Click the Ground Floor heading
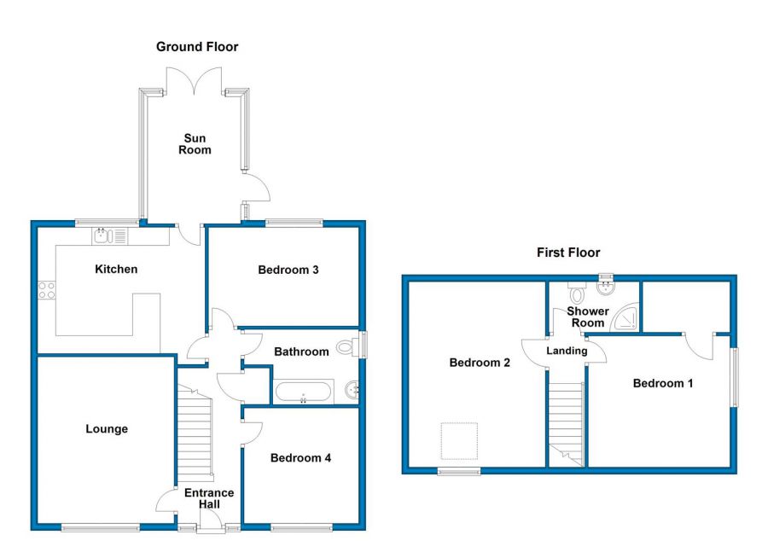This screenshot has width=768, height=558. [x=197, y=47]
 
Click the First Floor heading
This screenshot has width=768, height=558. [x=567, y=253]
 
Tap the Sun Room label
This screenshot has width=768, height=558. [x=195, y=144]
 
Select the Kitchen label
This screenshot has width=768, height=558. [x=116, y=270]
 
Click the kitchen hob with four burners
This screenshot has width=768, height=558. [x=47, y=290]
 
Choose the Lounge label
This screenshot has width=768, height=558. [x=107, y=429]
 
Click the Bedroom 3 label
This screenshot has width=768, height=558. [x=288, y=270]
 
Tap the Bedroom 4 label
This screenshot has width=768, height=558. [x=300, y=458]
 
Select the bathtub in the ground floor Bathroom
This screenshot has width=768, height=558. [x=303, y=393]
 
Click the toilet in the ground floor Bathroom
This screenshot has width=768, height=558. [x=348, y=347]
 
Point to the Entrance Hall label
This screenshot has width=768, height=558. [x=209, y=499]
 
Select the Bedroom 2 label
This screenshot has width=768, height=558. [x=480, y=363]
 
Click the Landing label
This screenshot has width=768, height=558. [x=567, y=351]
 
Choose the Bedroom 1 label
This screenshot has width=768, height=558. [x=662, y=384]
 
